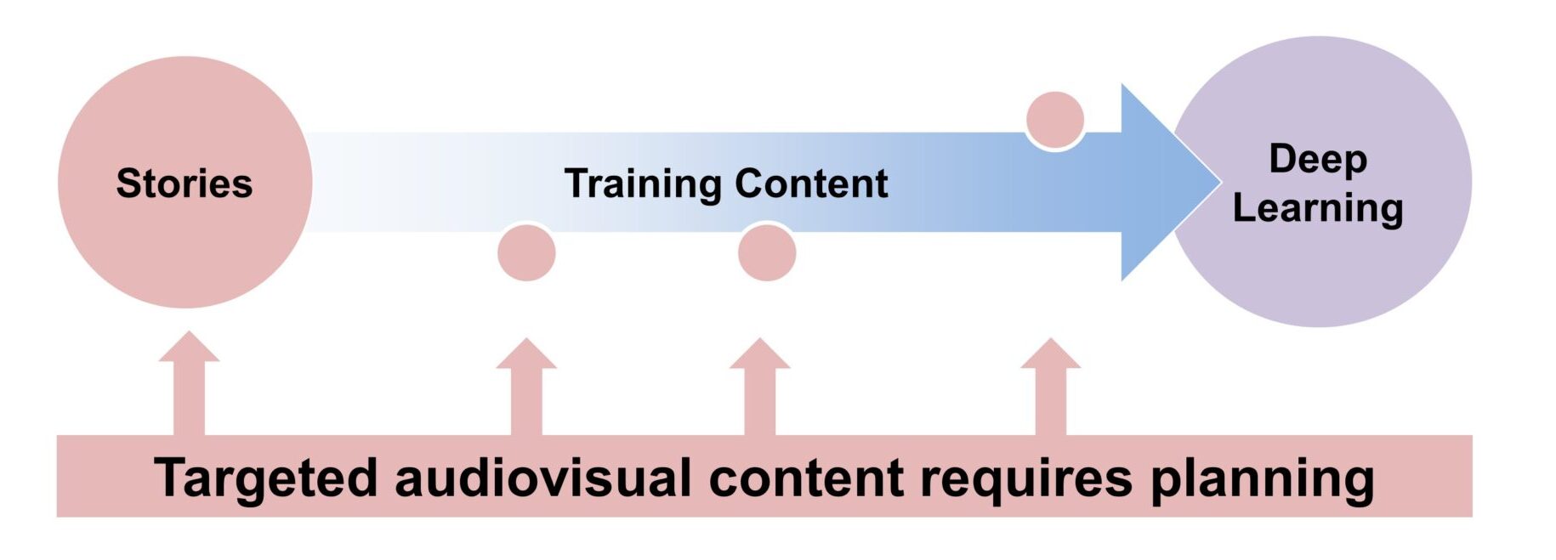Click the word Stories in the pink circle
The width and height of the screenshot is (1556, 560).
185,184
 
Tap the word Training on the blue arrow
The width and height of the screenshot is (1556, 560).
642,184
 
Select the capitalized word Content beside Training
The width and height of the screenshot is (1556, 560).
811,184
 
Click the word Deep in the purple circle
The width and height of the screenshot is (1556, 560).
1317,160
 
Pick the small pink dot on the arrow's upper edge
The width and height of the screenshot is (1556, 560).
1054,120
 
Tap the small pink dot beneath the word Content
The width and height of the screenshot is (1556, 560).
766,252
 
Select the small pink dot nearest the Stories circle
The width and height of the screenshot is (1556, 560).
526,252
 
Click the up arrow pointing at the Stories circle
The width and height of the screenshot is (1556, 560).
189,382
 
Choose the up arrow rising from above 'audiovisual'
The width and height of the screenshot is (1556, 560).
526,387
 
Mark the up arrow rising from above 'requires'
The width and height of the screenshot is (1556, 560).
1050,387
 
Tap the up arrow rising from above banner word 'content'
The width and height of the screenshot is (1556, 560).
759,387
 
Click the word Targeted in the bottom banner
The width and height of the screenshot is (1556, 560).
265,478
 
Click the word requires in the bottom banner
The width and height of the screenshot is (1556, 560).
1026,478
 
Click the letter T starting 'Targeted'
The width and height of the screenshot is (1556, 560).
170,477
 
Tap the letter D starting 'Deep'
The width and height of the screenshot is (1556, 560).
1281,158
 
